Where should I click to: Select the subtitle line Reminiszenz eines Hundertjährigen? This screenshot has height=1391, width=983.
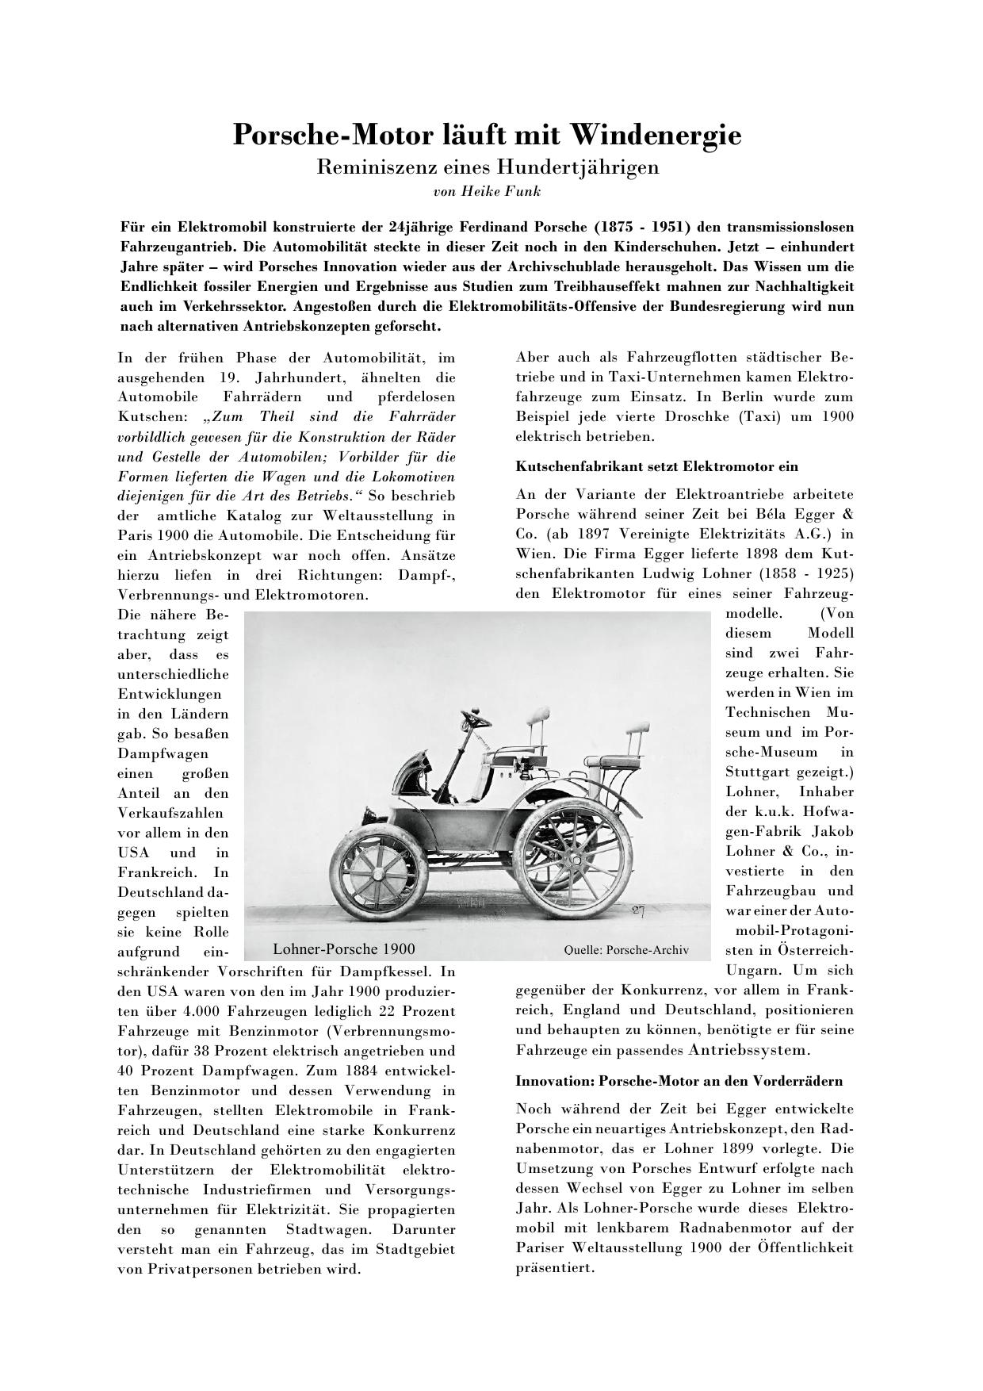click(488, 167)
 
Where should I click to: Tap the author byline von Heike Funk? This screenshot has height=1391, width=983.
click(487, 191)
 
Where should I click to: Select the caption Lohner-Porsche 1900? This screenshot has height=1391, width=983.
click(343, 949)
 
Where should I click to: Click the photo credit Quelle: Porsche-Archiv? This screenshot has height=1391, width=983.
click(626, 950)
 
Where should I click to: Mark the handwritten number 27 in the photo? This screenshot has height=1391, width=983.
click(639, 911)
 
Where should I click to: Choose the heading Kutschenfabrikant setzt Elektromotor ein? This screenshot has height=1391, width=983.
click(656, 466)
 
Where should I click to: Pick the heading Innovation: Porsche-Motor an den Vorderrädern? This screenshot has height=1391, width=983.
click(679, 1081)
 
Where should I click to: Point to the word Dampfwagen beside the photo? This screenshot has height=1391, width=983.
click(163, 753)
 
